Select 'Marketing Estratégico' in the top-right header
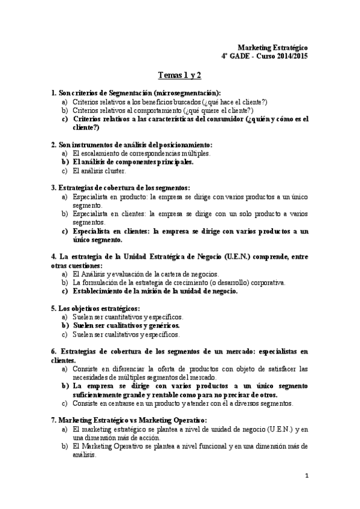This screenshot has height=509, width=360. click(273, 47)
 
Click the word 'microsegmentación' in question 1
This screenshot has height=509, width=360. click(186, 93)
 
